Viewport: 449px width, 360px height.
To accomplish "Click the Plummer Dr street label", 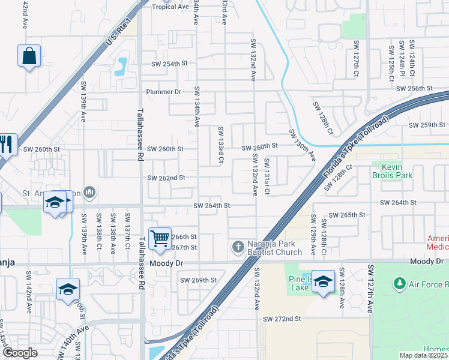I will [164, 92].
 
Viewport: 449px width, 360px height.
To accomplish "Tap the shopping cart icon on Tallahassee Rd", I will [160, 238].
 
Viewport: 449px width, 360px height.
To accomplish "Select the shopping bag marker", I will [29, 56].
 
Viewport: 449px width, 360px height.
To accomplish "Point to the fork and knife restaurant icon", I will [7, 144].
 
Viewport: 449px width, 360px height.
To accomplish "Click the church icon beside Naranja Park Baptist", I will [238, 247].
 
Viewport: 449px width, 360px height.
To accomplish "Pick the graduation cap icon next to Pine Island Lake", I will [323, 281].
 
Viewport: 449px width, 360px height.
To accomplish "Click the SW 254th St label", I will [169, 64].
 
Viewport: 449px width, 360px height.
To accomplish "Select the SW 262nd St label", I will [166, 178].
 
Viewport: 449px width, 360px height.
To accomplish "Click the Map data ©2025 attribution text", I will [423, 355].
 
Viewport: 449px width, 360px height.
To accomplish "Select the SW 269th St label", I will [198, 280].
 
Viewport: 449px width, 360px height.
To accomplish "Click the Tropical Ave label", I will [170, 7].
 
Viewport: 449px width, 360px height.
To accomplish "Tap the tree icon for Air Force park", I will [399, 283].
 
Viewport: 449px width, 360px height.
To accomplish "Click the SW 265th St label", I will [349, 215].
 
